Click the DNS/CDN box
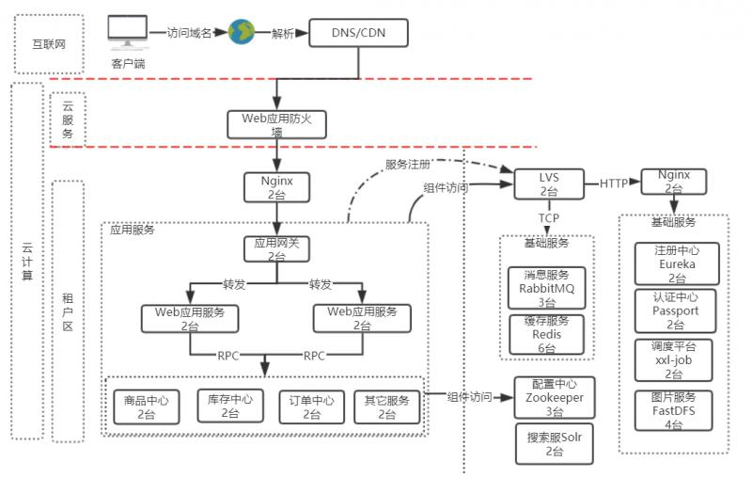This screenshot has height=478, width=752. coord(358,35)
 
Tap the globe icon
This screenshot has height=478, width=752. coord(242,32)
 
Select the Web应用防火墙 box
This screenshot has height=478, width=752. coord(276,124)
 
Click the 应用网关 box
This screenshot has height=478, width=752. coord(276,248)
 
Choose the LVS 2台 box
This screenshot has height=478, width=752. coord(549,183)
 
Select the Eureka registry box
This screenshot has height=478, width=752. coord(674,264)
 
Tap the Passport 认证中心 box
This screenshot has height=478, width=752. coord(674,311)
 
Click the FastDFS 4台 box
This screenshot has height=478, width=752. coord(674,410)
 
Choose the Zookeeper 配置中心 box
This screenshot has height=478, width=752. coord(554,397)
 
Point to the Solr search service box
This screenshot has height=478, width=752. coord(554,443)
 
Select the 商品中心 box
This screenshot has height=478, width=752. coord(146,406)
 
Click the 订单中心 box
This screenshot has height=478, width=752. coord(311,406)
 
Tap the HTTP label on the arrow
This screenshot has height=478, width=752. coord(614,183)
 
